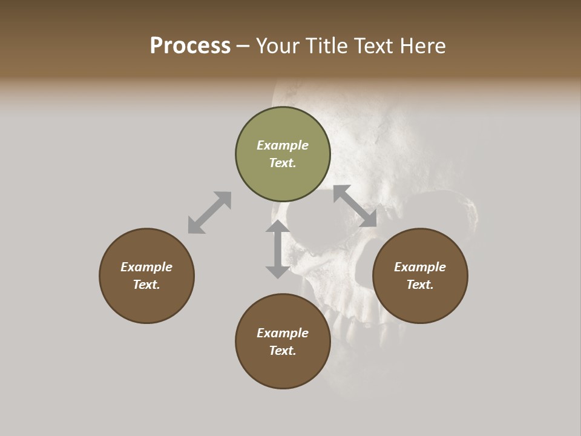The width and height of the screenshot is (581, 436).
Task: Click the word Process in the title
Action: (190, 46)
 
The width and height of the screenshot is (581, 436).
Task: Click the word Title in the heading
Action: (327, 46)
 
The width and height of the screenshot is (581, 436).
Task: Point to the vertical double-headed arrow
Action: (278, 249)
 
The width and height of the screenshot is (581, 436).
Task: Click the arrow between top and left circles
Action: (209, 213)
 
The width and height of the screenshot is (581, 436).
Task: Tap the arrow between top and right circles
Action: (355, 206)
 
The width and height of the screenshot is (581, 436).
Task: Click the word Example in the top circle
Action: (283, 145)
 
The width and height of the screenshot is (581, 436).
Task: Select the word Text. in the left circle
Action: (146, 285)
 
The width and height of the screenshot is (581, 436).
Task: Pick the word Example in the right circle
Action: (420, 267)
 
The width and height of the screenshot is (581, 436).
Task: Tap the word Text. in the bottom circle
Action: (283, 351)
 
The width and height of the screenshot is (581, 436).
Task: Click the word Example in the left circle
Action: (146, 267)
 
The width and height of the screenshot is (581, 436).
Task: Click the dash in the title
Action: (243, 46)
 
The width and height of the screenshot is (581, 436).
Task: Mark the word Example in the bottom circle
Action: (283, 333)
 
